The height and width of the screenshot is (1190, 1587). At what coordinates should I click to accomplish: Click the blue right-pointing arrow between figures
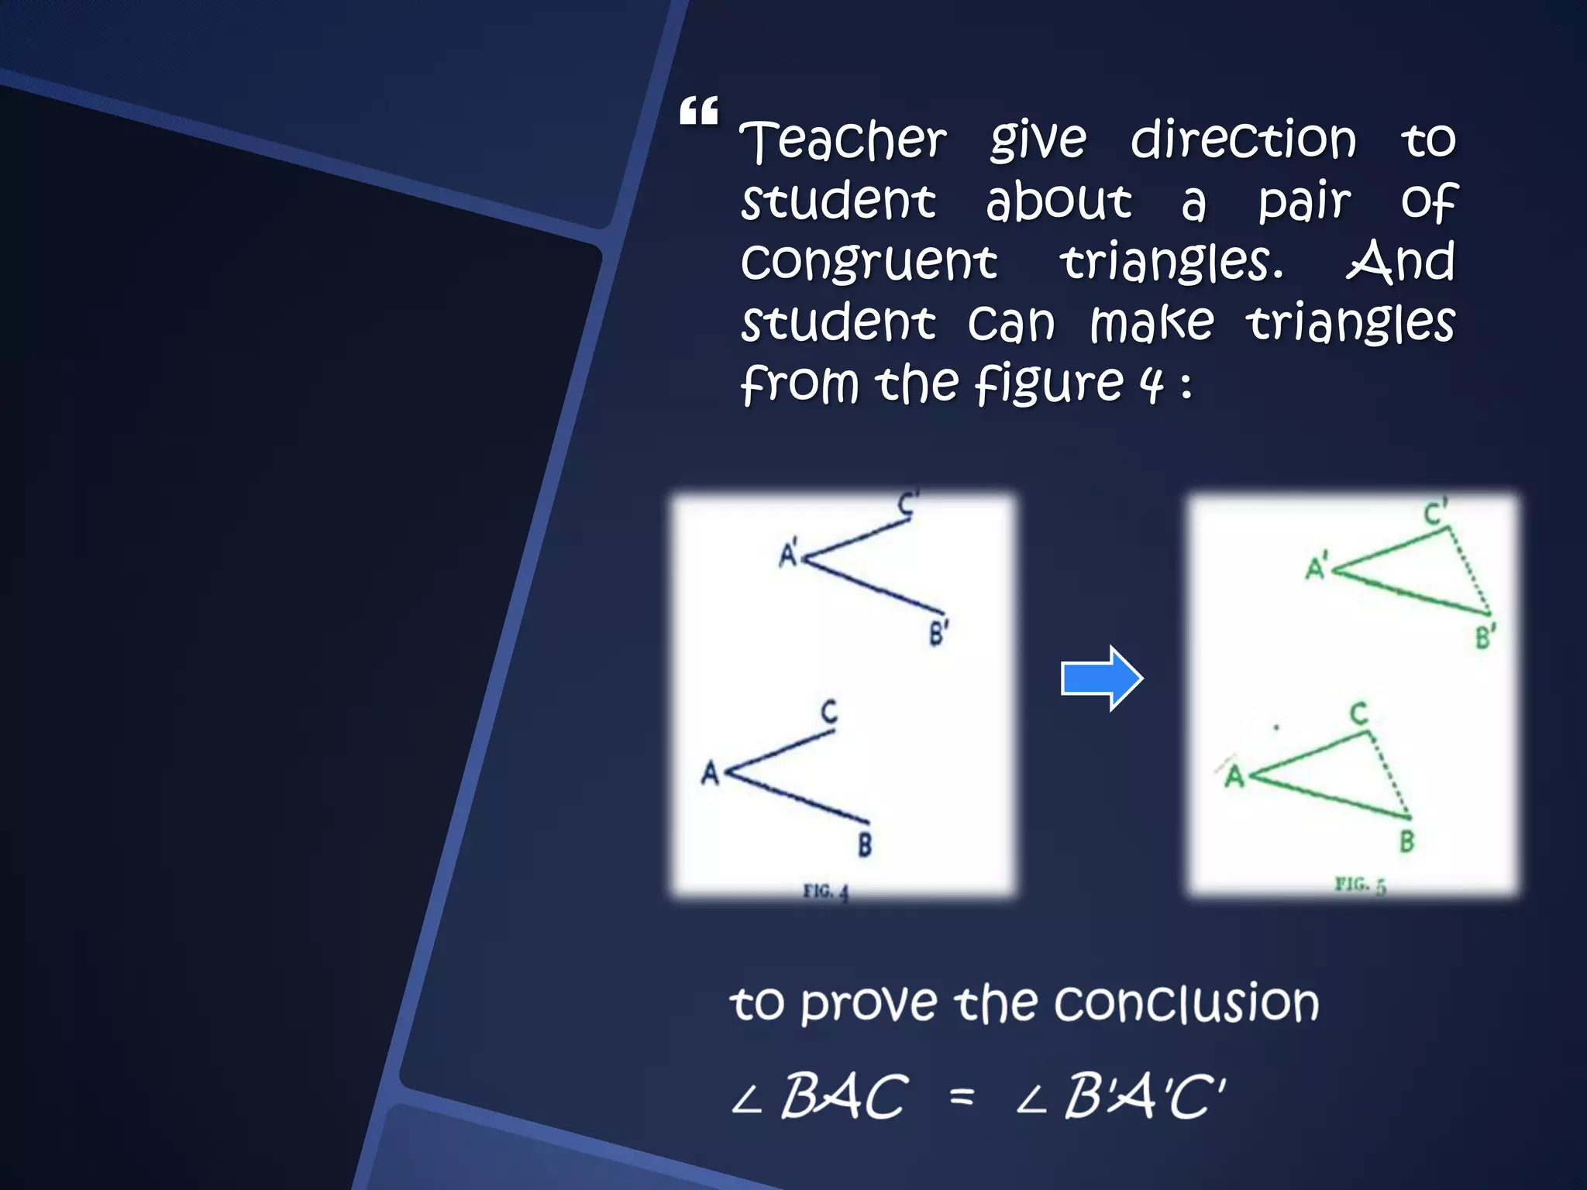point(1101,678)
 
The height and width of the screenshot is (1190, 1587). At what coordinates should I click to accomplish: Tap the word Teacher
point(843,141)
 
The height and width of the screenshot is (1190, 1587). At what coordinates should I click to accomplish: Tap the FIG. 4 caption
point(826,892)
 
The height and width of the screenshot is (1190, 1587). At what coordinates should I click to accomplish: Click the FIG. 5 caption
point(1360,885)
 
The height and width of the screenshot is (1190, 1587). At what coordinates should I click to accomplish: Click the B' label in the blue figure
point(939,633)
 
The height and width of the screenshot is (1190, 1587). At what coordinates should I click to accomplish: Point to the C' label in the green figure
point(1435,513)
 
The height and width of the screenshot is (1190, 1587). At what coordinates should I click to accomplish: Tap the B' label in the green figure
point(1485,637)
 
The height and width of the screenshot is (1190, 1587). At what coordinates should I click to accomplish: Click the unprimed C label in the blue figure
point(829,711)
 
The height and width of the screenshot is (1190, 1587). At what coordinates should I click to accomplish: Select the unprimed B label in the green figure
point(1407,841)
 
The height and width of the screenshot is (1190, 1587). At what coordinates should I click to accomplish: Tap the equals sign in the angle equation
point(962,1096)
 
